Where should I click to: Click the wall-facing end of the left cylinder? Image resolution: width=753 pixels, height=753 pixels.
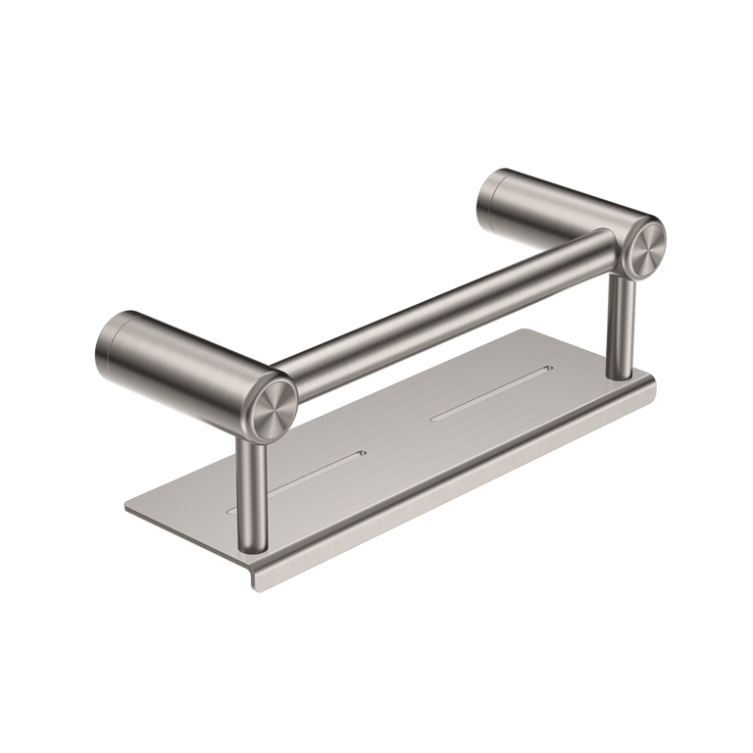[x=110, y=348]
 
